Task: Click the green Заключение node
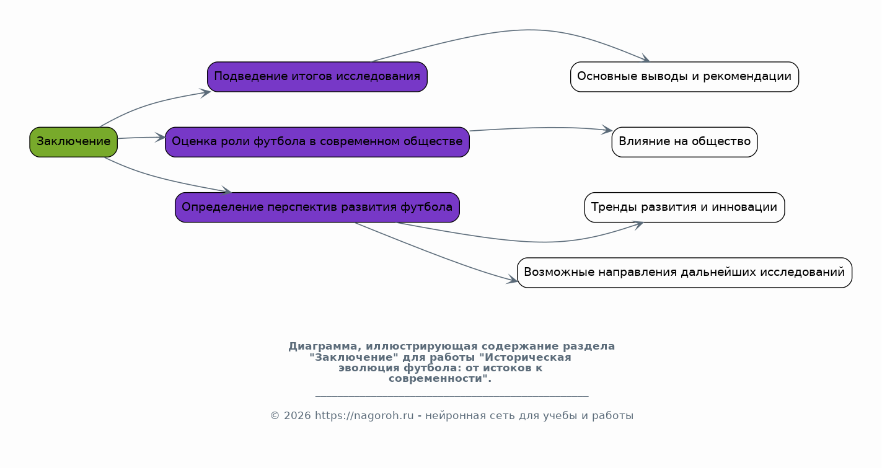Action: [73, 142]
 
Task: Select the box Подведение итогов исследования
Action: [317, 77]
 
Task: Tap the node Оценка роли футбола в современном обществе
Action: [317, 142]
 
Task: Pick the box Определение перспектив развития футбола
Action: [317, 207]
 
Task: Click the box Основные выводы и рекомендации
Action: [684, 77]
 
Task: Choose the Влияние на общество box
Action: [684, 142]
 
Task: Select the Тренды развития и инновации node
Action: [684, 207]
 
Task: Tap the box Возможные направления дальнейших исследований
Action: [684, 272]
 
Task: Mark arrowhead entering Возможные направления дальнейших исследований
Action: [513, 281]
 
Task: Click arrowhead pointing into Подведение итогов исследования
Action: [206, 92]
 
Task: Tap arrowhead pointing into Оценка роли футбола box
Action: [162, 137]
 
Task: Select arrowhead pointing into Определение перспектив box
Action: [227, 192]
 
